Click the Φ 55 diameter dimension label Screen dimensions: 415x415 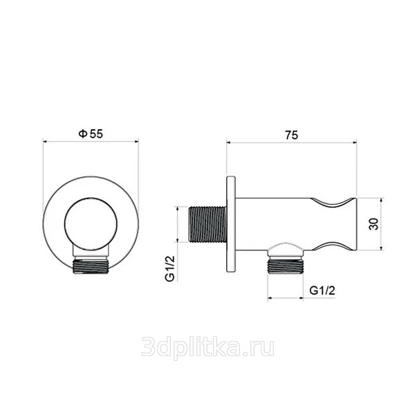(91, 134)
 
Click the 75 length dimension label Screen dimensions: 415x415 (291, 136)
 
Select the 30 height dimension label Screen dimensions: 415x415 (373, 224)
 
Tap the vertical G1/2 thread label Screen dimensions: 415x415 (170, 268)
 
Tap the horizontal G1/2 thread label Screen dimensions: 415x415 (322, 290)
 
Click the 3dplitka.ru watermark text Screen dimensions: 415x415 (207, 347)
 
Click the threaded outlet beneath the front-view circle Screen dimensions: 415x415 (91, 265)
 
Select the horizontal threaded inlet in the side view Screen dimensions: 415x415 (207, 224)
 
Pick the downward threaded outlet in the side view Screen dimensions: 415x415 (285, 266)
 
